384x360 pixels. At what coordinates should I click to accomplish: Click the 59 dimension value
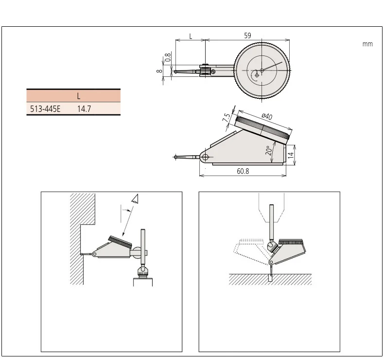pos(247,36)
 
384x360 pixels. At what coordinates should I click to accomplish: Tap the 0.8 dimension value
pos(168,57)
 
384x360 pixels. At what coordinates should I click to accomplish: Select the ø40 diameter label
pos(267,116)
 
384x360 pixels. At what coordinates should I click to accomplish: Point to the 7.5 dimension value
pos(227,117)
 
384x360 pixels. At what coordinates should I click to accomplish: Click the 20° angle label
pos(269,150)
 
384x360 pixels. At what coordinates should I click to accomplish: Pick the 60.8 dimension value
pos(243,171)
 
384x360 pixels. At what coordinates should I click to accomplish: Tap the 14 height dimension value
pos(291,155)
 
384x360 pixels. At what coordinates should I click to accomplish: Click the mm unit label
pos(367,44)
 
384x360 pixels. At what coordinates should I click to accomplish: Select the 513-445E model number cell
pos(45,109)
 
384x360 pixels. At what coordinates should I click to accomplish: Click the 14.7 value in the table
pos(84,109)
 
